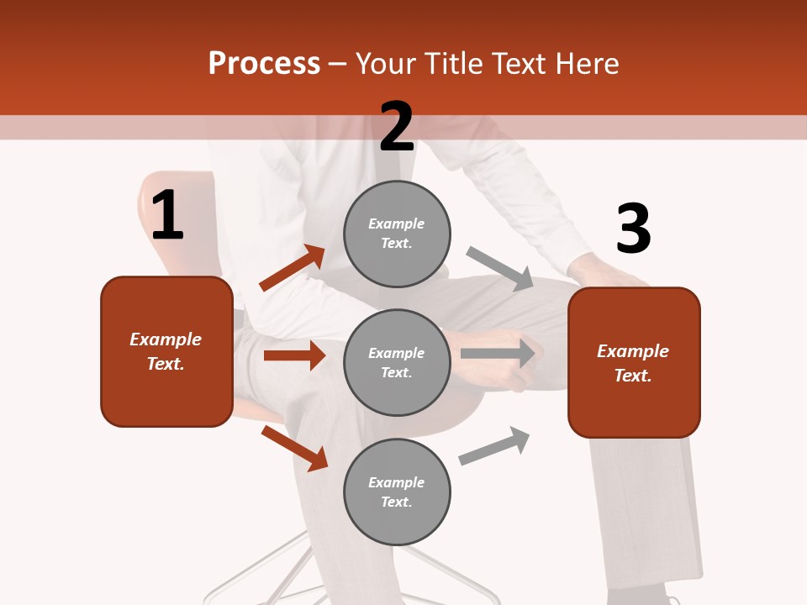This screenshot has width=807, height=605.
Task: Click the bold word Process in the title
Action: pyautogui.click(x=264, y=64)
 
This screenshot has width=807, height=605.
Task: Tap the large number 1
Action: pyautogui.click(x=167, y=216)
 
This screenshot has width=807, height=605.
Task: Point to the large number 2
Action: pyautogui.click(x=397, y=127)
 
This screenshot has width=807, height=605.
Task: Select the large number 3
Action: pyautogui.click(x=633, y=229)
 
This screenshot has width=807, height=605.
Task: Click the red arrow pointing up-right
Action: pyautogui.click(x=292, y=268)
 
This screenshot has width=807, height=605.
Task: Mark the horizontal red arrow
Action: pyautogui.click(x=294, y=355)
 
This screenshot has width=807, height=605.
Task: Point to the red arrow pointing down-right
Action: pyautogui.click(x=294, y=448)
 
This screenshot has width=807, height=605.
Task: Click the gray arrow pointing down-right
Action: pyautogui.click(x=500, y=268)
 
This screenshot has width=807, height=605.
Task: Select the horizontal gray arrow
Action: pyautogui.click(x=498, y=354)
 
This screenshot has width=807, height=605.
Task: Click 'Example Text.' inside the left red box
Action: pyautogui.click(x=166, y=351)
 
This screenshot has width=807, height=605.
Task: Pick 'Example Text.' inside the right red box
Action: pyautogui.click(x=633, y=363)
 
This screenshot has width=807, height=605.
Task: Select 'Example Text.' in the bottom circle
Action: pyautogui.click(x=397, y=492)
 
